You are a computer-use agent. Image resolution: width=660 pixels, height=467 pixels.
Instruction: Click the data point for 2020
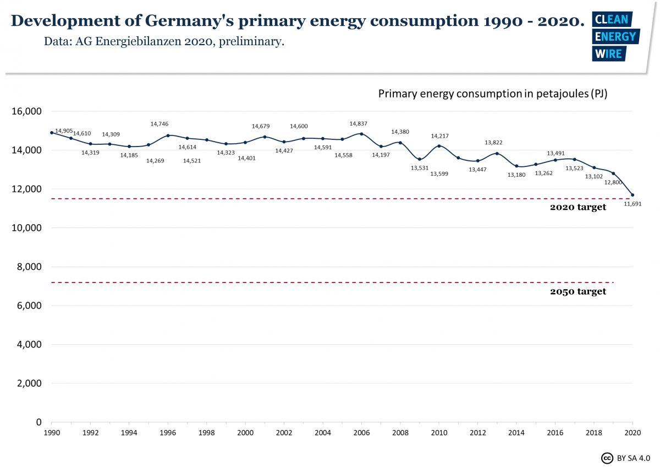pyautogui.click(x=632, y=195)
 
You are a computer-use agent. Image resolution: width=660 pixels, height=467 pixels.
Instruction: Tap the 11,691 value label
pyautogui.click(x=632, y=204)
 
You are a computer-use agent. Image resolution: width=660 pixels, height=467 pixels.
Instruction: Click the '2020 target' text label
pyautogui.click(x=577, y=208)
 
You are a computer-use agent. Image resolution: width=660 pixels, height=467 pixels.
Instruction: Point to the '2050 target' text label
pyautogui.click(x=577, y=292)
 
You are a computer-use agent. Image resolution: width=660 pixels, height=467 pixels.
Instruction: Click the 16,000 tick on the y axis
pyautogui.click(x=26, y=111)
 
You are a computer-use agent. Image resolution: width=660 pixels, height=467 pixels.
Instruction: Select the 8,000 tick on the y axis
pyautogui.click(x=29, y=267)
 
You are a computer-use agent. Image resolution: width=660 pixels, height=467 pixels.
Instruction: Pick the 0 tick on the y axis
pyautogui.click(x=38, y=422)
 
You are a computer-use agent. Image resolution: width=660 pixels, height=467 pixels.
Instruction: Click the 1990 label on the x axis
pyautogui.click(x=52, y=433)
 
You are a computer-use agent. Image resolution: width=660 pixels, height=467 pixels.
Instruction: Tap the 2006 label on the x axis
pyautogui.click(x=361, y=433)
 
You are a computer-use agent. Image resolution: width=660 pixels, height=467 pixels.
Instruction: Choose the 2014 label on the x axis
pyautogui.click(x=516, y=433)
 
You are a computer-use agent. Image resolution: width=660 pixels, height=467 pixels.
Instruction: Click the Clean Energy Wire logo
pyautogui.click(x=615, y=36)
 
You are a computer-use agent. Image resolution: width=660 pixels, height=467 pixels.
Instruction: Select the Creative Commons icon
pyautogui.click(x=607, y=458)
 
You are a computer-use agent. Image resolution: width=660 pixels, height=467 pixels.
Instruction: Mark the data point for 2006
pyautogui.click(x=361, y=133)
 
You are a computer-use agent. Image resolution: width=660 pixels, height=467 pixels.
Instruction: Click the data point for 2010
pyautogui.click(x=439, y=146)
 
